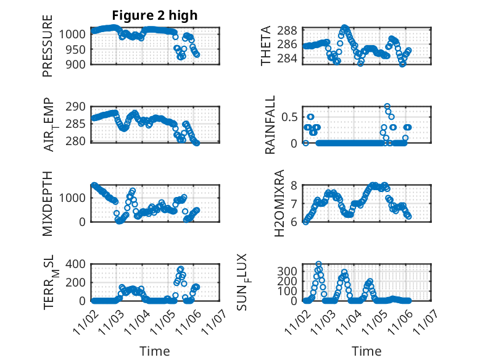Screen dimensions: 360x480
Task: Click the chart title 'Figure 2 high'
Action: (x=154, y=15)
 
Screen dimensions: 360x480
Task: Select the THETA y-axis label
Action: (x=266, y=46)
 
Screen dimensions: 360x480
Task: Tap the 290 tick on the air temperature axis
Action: (x=81, y=107)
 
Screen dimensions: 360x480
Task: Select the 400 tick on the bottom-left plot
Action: (x=77, y=264)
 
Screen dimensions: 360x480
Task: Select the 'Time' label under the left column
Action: (x=154, y=351)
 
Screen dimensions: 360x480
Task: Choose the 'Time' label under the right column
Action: (x=366, y=351)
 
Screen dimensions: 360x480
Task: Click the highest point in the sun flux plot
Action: (x=318, y=264)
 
